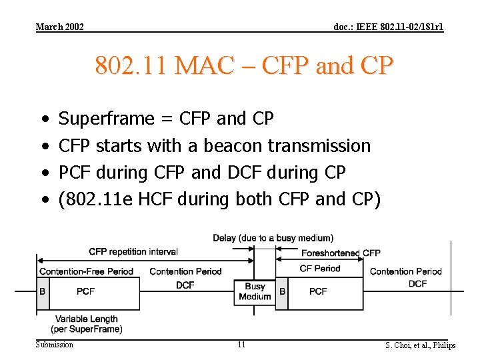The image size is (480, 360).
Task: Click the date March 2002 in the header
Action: click(x=60, y=27)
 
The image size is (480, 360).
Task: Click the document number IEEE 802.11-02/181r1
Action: click(x=388, y=27)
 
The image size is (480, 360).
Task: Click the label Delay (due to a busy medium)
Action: click(x=273, y=238)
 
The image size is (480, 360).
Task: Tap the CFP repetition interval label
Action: click(x=133, y=251)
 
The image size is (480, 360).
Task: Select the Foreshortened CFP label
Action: click(x=341, y=253)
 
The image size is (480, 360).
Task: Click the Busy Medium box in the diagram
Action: click(x=255, y=291)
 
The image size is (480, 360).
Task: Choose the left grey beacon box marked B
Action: click(x=43, y=291)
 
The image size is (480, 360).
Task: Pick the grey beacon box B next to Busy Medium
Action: click(x=282, y=291)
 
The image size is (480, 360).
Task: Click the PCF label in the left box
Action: click(x=85, y=291)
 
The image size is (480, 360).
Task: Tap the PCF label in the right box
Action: click(x=318, y=291)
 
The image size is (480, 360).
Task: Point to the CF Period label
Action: click(x=320, y=268)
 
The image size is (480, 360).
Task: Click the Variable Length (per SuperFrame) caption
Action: click(x=87, y=324)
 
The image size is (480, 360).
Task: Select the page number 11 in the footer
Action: click(x=241, y=345)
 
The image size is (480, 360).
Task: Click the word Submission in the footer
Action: click(x=55, y=344)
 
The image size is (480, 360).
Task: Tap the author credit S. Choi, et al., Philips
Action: click(x=420, y=345)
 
